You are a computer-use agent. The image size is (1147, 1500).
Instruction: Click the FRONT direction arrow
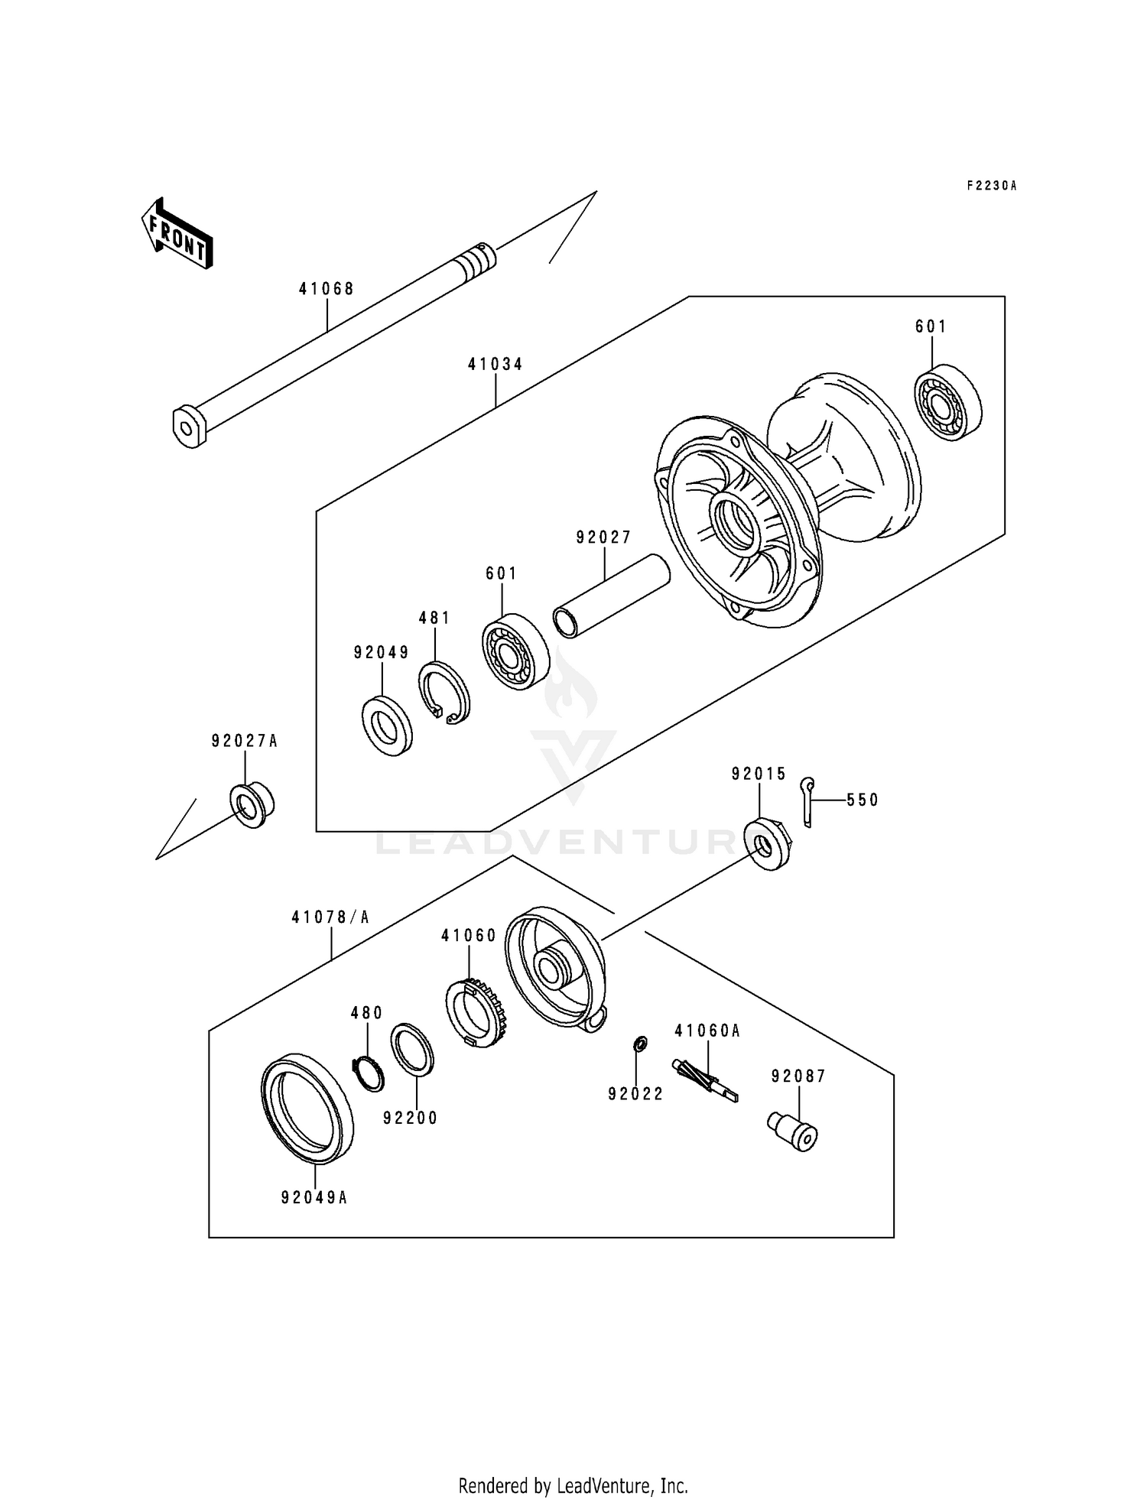click(177, 233)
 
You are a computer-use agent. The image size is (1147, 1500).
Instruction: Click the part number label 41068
click(327, 289)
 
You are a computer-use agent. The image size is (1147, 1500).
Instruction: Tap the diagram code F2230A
click(992, 186)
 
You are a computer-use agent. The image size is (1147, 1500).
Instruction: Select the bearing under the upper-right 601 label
click(949, 404)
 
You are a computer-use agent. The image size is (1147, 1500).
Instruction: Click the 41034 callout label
click(496, 365)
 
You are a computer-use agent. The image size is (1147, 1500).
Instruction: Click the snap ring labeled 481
click(444, 693)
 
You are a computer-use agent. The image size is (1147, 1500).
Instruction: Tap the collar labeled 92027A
click(252, 804)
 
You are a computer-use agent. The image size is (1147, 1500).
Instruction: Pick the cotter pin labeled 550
click(807, 801)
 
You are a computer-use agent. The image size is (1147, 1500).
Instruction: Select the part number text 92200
click(410, 1118)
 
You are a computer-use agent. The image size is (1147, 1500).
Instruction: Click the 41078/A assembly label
click(330, 917)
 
